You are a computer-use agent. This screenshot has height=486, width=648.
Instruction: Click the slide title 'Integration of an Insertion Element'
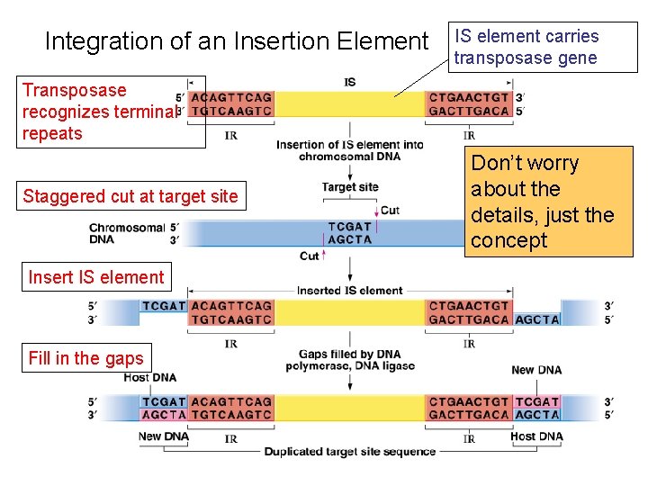[x=237, y=41]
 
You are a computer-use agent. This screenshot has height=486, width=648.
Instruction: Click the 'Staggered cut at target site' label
[x=130, y=196]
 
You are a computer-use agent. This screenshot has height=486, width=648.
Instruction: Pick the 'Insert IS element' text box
[x=96, y=277]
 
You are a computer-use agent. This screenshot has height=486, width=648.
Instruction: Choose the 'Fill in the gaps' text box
[x=85, y=358]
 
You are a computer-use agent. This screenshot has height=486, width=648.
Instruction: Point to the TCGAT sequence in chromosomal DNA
[x=350, y=227]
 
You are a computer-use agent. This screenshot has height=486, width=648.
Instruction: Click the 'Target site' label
[x=350, y=187]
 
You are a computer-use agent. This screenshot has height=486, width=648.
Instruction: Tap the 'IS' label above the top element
[x=350, y=82]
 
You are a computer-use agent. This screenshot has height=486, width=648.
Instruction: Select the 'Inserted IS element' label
[x=350, y=291]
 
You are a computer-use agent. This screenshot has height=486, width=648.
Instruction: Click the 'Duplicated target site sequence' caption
[x=350, y=452]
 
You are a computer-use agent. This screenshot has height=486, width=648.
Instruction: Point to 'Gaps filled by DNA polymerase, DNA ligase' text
[x=350, y=360]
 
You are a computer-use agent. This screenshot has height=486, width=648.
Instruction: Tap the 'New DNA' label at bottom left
[x=163, y=436]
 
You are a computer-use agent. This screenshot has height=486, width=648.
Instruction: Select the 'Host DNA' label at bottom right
[x=535, y=436]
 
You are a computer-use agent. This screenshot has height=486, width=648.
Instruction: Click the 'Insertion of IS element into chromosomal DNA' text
[x=350, y=150]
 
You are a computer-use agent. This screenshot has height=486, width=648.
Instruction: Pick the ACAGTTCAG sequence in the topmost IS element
[x=231, y=97]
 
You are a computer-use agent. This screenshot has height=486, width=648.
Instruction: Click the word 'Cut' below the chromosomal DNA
[x=310, y=256]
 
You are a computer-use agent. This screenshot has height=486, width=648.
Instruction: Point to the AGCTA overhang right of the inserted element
[x=537, y=319]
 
